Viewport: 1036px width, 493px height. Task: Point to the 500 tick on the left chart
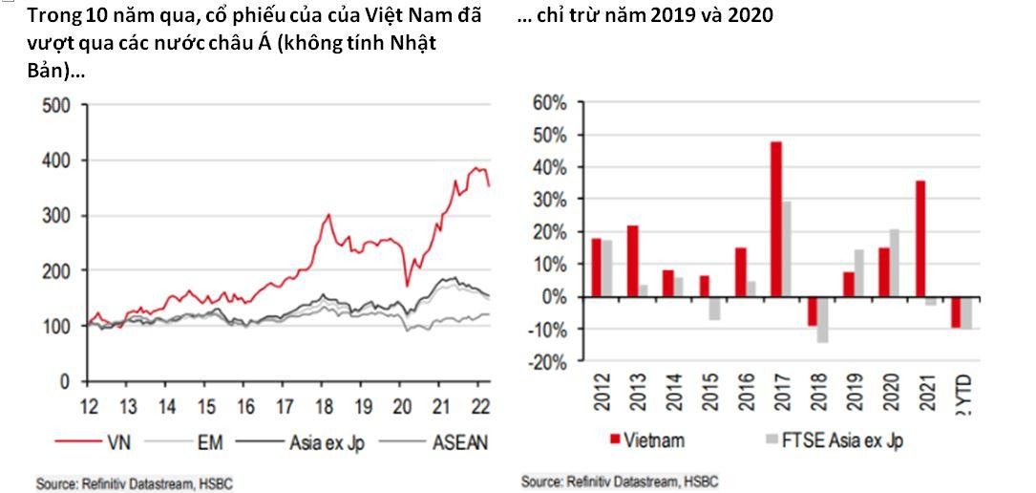pos(57,105)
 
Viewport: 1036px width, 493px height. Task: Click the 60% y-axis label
pos(549,102)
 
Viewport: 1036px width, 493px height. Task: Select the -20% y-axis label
pos(547,362)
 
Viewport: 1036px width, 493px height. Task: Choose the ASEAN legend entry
pos(459,441)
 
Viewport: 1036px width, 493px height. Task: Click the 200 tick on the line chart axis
pos(57,271)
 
